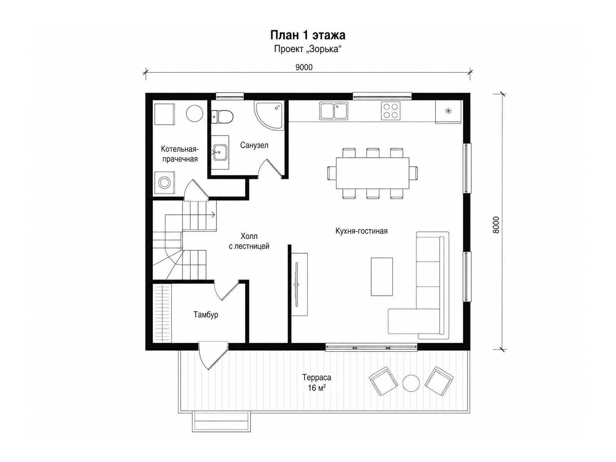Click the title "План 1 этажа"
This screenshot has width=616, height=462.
(x=308, y=35)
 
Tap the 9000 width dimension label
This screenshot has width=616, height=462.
(x=304, y=67)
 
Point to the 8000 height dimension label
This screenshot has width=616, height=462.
(x=496, y=225)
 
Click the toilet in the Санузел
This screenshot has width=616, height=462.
(x=222, y=117)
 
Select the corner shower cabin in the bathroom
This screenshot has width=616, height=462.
(x=269, y=115)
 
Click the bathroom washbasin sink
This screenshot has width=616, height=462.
(x=220, y=152)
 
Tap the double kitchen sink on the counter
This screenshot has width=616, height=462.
(x=333, y=110)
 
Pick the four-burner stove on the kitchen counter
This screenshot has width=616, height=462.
(x=390, y=111)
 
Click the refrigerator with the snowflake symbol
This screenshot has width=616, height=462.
(x=448, y=111)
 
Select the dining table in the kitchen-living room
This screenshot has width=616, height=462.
(x=372, y=173)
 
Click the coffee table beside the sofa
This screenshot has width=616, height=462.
(x=382, y=277)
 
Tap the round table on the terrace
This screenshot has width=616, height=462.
(x=411, y=383)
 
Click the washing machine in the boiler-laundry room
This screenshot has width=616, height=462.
(x=164, y=182)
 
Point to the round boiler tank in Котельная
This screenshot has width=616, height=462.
(x=194, y=113)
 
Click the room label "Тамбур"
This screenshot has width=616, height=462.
(x=206, y=315)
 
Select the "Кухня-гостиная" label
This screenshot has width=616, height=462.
(x=362, y=231)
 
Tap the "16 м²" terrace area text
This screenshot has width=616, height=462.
(x=317, y=388)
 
